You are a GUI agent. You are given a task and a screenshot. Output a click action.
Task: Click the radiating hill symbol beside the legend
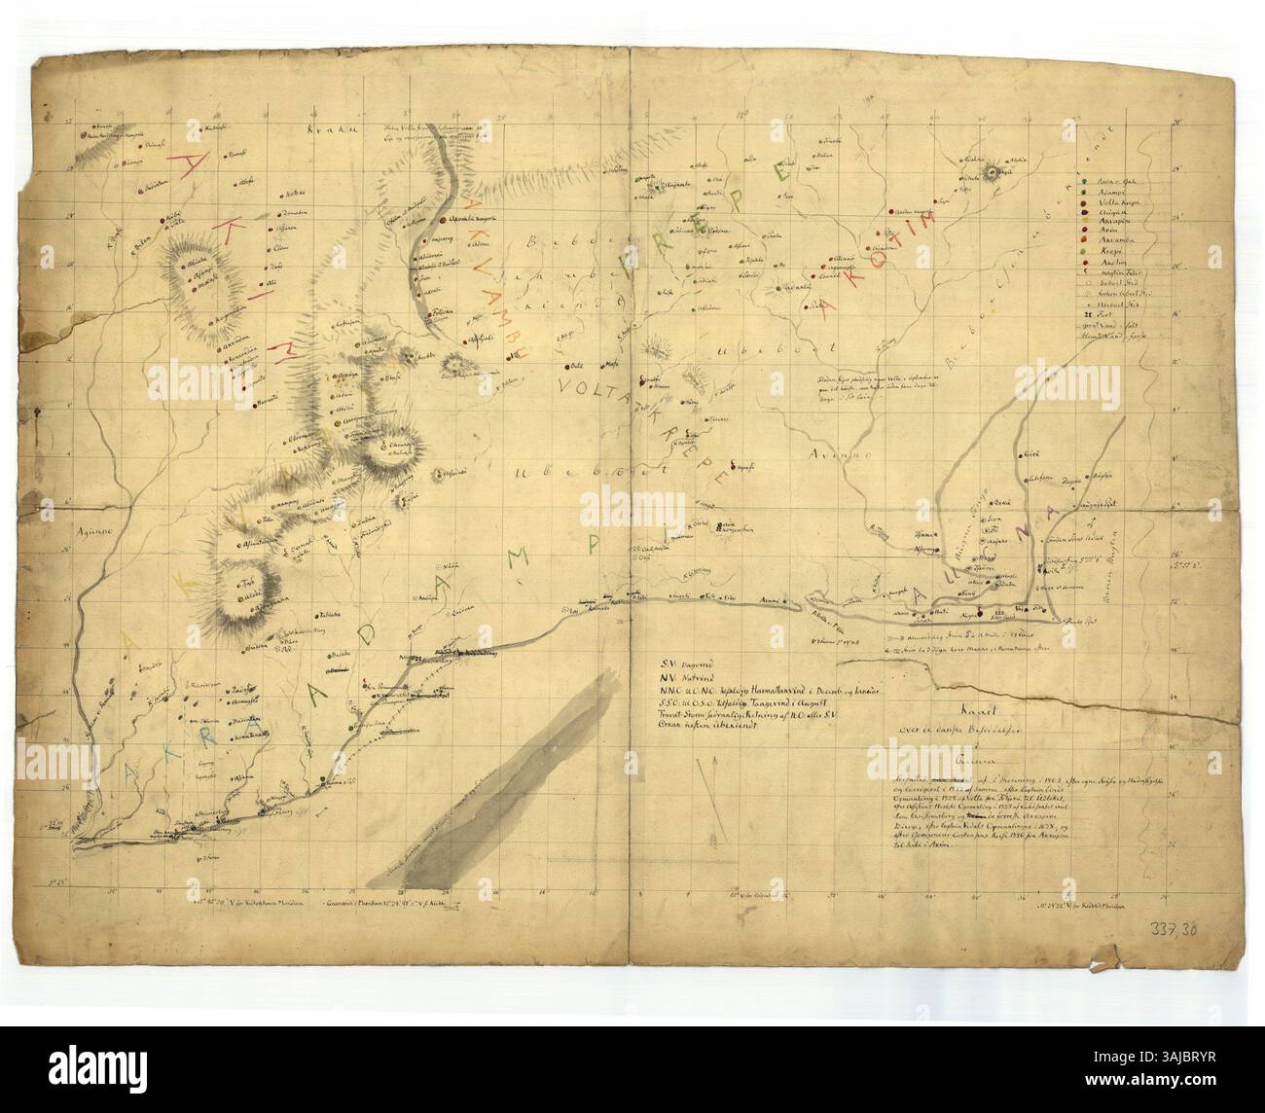pos(993,176)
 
